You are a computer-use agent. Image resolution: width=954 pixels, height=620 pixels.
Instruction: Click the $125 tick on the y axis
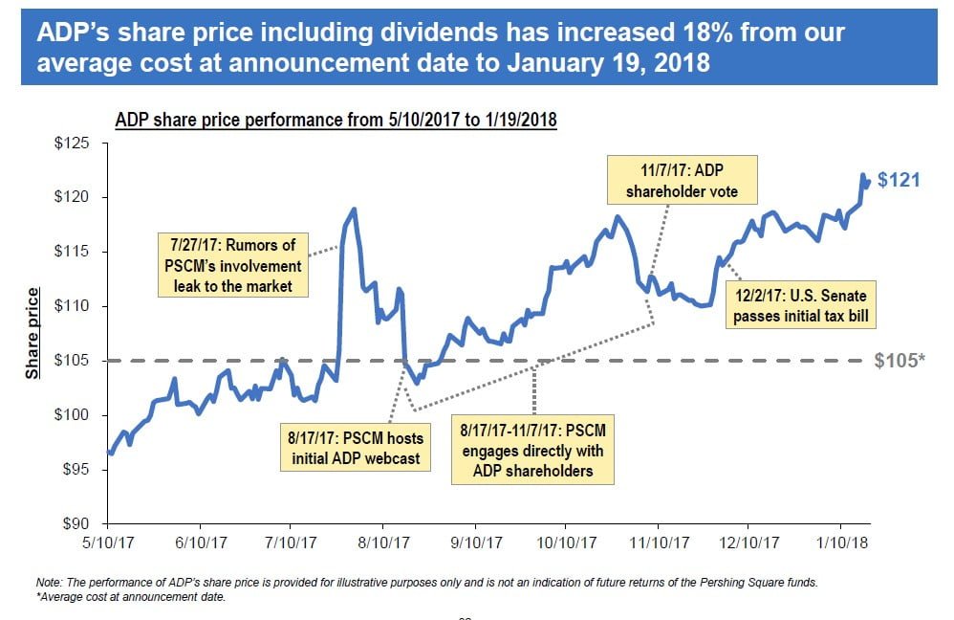click(73, 144)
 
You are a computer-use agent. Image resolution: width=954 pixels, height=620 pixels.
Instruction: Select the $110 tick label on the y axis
click(73, 306)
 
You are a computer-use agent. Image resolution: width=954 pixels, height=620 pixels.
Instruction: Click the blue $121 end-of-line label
click(899, 179)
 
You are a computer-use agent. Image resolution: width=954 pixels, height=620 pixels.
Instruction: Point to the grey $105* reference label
click(900, 361)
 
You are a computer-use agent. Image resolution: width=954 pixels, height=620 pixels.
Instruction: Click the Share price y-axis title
click(33, 333)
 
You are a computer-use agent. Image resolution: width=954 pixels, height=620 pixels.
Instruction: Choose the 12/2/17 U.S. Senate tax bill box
click(800, 304)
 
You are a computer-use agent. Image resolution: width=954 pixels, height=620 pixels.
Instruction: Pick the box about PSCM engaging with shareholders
click(533, 446)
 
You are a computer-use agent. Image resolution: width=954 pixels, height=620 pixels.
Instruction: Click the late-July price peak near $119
click(355, 209)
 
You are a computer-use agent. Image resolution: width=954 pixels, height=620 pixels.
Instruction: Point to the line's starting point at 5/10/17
click(110, 453)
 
